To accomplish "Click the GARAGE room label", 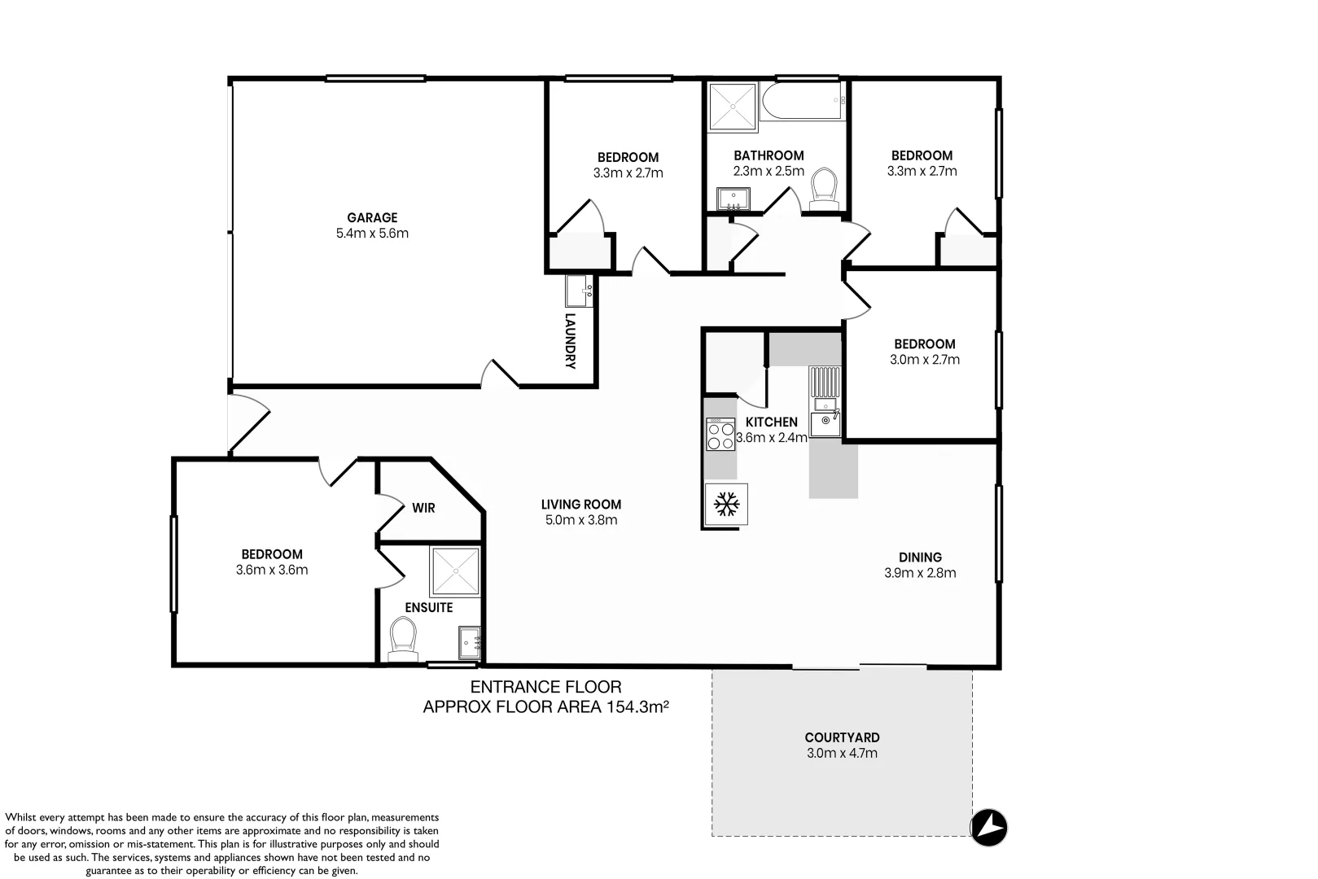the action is (x=372, y=217).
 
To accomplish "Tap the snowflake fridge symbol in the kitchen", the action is (x=726, y=505).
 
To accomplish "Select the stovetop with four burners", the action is (x=720, y=434).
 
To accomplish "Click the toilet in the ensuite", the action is (x=403, y=639).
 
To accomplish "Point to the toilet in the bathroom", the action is (x=824, y=189).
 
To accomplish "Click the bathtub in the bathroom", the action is (x=803, y=101).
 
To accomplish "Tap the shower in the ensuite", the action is (x=455, y=571).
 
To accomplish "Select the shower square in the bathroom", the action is (x=733, y=107).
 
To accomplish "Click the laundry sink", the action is (x=579, y=291).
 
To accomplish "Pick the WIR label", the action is (x=423, y=508).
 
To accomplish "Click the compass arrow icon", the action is (x=988, y=827).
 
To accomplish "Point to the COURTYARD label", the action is (x=842, y=737).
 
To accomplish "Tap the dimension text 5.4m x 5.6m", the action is (x=372, y=233).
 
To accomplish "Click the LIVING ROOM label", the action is (x=580, y=505).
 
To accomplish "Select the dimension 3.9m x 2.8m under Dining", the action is (x=920, y=572).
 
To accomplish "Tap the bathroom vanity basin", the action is (x=733, y=199).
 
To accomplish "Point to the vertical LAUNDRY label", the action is (x=570, y=341).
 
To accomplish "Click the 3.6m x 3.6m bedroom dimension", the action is (x=272, y=570).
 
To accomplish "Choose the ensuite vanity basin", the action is (x=470, y=642).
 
